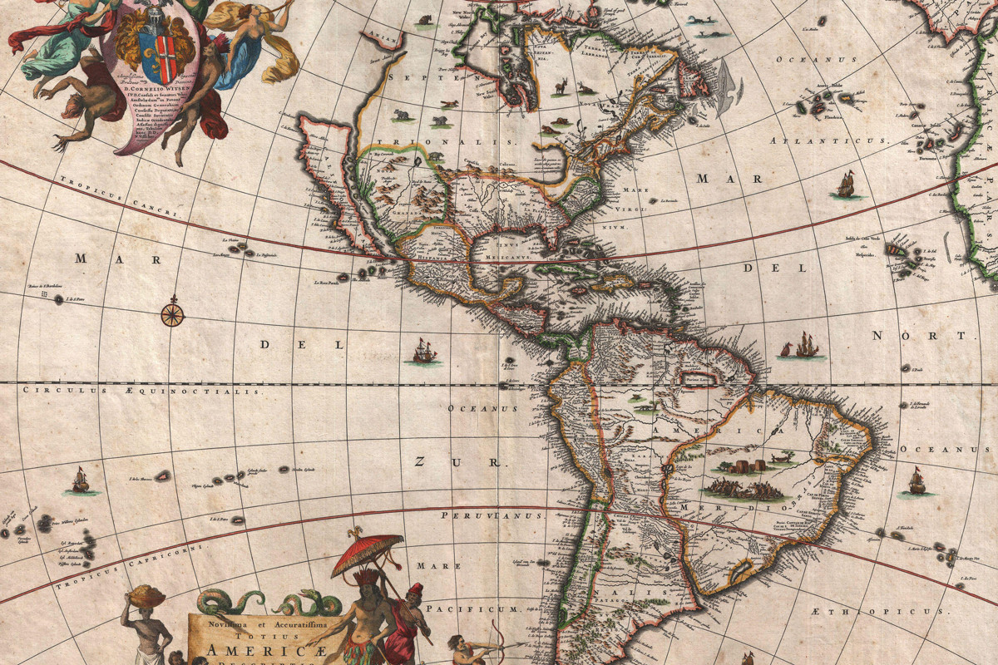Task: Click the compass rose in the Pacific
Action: pyautogui.click(x=172, y=314)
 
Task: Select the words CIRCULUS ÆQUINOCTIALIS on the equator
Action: pyautogui.click(x=141, y=390)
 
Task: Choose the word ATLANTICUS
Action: pyautogui.click(x=818, y=141)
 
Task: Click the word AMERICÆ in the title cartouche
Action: pyautogui.click(x=250, y=651)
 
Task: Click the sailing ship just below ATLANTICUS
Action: pyautogui.click(x=846, y=185)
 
